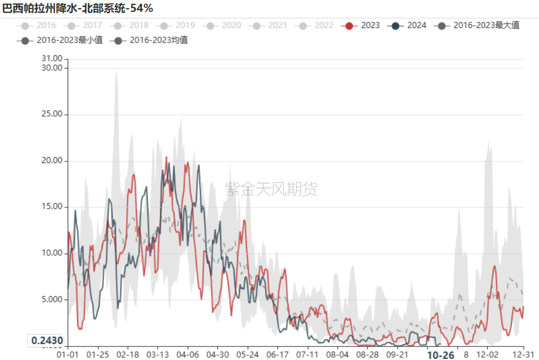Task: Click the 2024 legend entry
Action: click(x=408, y=25)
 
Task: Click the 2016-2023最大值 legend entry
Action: click(x=478, y=25)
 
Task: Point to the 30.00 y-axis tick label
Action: click(x=52, y=68)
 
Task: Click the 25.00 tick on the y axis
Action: click(x=52, y=114)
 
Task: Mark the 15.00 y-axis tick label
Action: click(x=52, y=207)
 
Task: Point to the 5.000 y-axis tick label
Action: click(x=52, y=300)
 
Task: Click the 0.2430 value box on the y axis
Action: click(x=47, y=341)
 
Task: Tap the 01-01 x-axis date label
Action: click(x=68, y=355)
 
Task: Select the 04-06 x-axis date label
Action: click(x=187, y=355)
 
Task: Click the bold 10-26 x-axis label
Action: click(x=440, y=355)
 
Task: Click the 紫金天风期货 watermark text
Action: click(x=271, y=189)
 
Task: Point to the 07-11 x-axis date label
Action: click(x=307, y=355)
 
